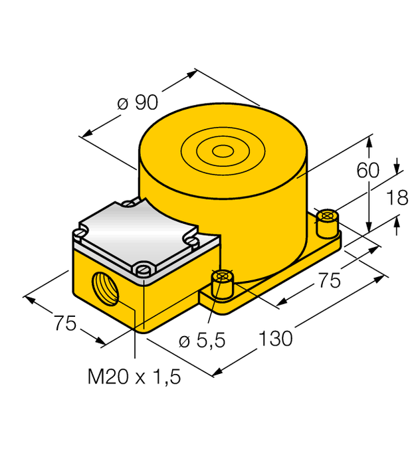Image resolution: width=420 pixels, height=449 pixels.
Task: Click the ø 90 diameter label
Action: [x=137, y=102]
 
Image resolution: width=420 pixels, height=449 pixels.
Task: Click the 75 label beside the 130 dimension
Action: [x=326, y=280]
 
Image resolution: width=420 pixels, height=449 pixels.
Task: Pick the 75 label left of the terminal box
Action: [x=64, y=323]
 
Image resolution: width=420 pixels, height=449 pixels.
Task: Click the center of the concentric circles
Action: [x=223, y=153]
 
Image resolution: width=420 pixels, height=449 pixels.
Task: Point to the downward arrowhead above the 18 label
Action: [x=397, y=167]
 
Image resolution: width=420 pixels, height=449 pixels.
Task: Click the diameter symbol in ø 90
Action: [x=122, y=103]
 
